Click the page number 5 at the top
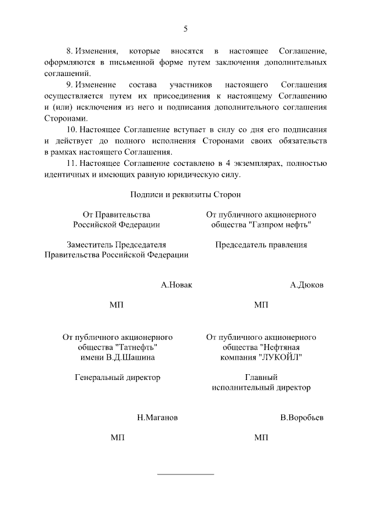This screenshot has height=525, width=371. point(185,29)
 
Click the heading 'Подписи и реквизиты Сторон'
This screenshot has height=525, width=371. point(185,195)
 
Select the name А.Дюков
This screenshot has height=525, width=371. point(307,285)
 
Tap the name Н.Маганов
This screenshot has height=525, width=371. point(158,418)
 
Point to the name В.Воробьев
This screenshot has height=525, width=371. point(301,418)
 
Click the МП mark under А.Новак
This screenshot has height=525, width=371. point(117,305)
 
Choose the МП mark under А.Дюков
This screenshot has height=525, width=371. point(261,305)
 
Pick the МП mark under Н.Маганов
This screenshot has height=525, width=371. point(117,438)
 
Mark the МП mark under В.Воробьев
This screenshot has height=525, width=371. point(261,438)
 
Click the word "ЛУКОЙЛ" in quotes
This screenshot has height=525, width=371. point(280,357)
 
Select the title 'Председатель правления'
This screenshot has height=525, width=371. point(261,245)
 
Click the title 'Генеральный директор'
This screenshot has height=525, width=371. point(118,377)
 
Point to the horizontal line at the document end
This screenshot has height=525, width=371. point(185,475)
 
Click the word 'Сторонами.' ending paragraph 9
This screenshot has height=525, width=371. point(66,118)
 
